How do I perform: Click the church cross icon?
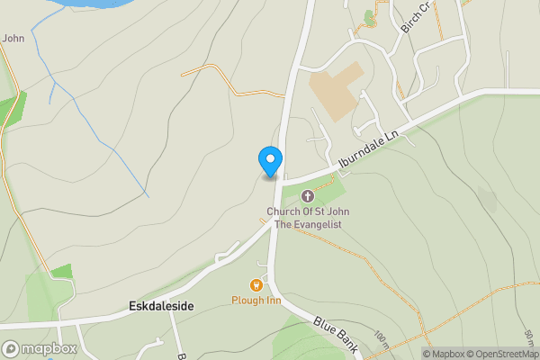click(x=307, y=196)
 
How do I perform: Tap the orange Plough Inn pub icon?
click(x=256, y=284)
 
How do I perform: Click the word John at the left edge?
click(x=13, y=38)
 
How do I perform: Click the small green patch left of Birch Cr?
click(x=368, y=16)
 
